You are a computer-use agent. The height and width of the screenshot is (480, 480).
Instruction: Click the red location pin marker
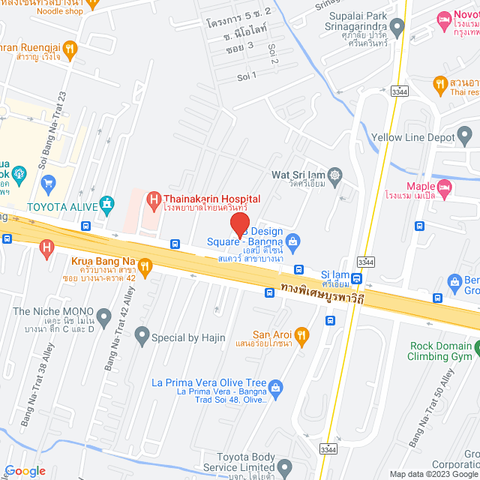click(x=239, y=224)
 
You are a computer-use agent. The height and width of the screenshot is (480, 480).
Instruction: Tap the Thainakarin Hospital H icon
click(x=153, y=199)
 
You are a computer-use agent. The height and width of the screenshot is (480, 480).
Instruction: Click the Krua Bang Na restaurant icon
click(x=145, y=264)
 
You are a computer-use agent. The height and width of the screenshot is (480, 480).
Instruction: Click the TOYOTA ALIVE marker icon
click(x=108, y=202)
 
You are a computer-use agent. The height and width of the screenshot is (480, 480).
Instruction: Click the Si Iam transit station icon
click(x=357, y=278)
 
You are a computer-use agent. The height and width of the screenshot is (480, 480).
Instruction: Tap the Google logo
click(x=25, y=471)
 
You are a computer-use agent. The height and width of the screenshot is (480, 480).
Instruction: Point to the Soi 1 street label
click(x=247, y=76)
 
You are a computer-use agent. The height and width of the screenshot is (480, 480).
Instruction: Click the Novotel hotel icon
click(x=444, y=17)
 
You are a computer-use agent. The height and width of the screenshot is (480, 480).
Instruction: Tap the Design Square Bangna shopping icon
click(x=292, y=240)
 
